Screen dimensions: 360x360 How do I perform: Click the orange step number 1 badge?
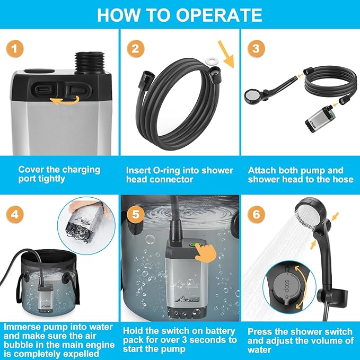pyautogui.click(x=15, y=49)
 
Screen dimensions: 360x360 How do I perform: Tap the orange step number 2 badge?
pyautogui.click(x=136, y=49)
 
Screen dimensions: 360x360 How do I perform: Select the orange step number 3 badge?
pyautogui.click(x=256, y=49)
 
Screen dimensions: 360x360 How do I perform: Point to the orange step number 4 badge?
pyautogui.click(x=15, y=214)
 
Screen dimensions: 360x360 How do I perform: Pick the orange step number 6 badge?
pyautogui.click(x=256, y=214)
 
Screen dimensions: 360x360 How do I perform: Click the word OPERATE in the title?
pyautogui.click(x=219, y=15)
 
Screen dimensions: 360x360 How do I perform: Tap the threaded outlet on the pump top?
pyautogui.click(x=90, y=63)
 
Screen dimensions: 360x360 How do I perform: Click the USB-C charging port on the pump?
pyautogui.click(x=43, y=89)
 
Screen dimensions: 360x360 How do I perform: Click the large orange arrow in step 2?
pyautogui.click(x=226, y=54)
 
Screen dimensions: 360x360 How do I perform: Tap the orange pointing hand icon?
pyautogui.click(x=206, y=252)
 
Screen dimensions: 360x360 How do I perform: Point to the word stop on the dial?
pyautogui.click(x=287, y=286)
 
